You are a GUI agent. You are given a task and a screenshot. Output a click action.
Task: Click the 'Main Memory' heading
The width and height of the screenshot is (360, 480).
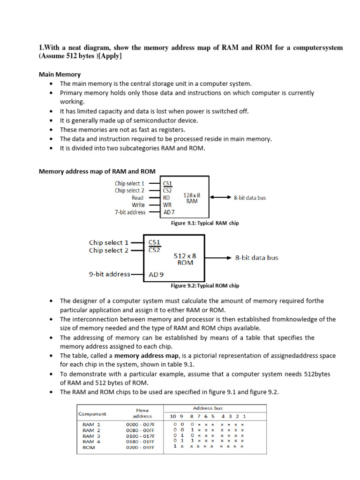pyautogui.click(x=59, y=74)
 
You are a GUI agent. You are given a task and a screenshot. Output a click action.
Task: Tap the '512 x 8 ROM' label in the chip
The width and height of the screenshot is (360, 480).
pyautogui.click(x=185, y=259)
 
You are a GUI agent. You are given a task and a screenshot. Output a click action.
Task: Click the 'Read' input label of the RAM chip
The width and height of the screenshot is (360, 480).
pyautogui.click(x=137, y=198)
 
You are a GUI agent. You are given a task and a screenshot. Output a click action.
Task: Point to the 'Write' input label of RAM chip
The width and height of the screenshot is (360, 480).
pyautogui.click(x=138, y=205)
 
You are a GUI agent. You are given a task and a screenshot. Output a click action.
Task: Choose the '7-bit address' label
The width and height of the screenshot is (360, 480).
pyautogui.click(x=130, y=212)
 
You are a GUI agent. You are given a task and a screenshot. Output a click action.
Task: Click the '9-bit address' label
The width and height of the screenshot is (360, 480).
pyautogui.click(x=109, y=274)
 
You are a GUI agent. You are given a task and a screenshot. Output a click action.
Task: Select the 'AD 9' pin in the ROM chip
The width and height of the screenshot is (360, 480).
pyautogui.click(x=156, y=275)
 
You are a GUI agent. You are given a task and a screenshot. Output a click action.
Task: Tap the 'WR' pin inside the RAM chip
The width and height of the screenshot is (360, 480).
pyautogui.click(x=167, y=205)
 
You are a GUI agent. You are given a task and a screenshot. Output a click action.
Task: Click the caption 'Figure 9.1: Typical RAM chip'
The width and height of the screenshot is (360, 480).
pyautogui.click(x=205, y=223)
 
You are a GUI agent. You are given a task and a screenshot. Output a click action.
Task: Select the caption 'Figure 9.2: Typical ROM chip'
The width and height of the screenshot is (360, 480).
pyautogui.click(x=205, y=285)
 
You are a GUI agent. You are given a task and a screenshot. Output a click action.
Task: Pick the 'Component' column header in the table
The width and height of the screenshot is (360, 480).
pyautogui.click(x=92, y=414)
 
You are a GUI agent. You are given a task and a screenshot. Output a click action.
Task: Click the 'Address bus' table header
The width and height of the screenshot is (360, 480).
pyautogui.click(x=208, y=408)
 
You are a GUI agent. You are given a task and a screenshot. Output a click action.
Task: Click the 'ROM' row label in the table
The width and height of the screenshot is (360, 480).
pyautogui.click(x=89, y=447)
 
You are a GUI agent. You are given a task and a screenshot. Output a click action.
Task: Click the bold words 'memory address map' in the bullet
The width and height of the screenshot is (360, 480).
pyautogui.click(x=146, y=356)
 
